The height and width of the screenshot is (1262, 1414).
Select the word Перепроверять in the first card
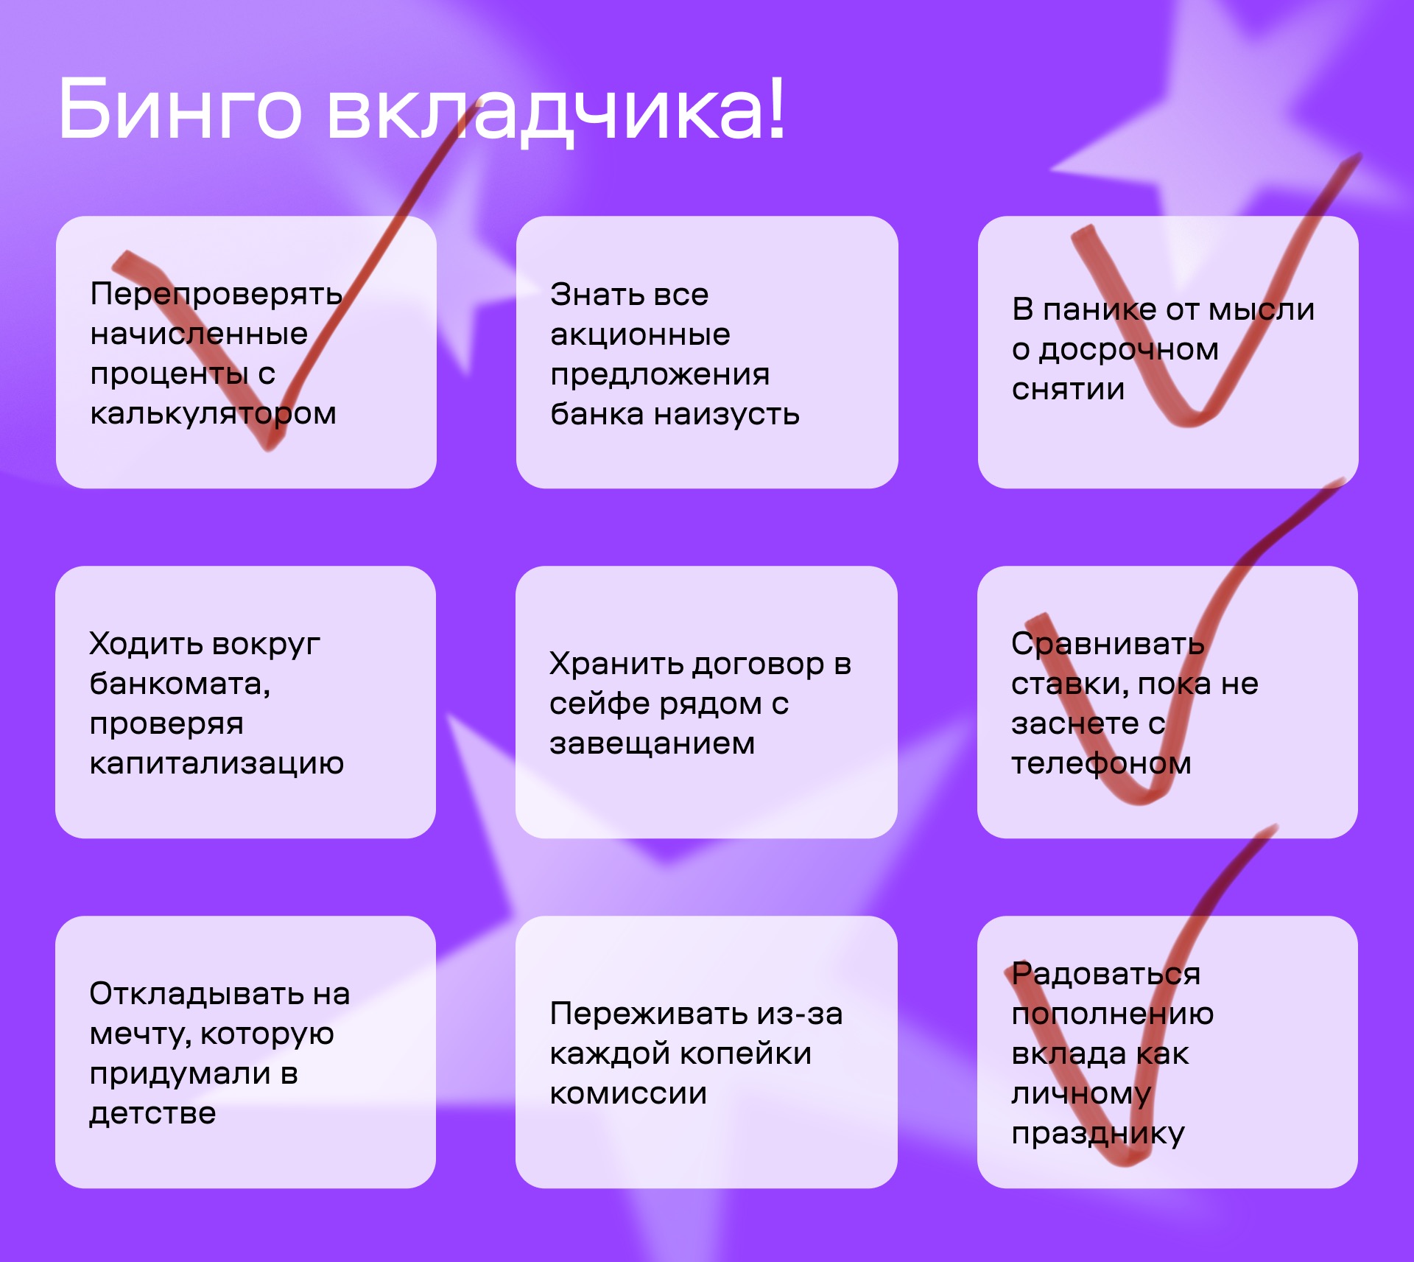pyautogui.click(x=216, y=295)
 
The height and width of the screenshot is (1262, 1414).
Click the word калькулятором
pyautogui.click(x=213, y=414)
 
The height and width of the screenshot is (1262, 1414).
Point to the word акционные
pyautogui.click(x=640, y=335)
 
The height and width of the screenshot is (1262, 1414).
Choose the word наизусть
pyautogui.click(x=727, y=415)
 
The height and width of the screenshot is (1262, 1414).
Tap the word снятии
pyautogui.click(x=1068, y=389)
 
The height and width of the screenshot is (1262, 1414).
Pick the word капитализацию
pyautogui.click(x=217, y=764)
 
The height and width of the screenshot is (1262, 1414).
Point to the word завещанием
pyautogui.click(x=652, y=743)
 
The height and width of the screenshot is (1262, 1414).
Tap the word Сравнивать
pyautogui.click(x=1108, y=645)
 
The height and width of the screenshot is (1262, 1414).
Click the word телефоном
pyautogui.click(x=1101, y=764)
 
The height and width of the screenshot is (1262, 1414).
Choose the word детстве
pyautogui.click(x=152, y=1114)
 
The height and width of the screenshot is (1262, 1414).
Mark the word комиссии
pyautogui.click(x=628, y=1094)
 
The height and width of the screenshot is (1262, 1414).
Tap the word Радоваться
pyautogui.click(x=1105, y=975)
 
